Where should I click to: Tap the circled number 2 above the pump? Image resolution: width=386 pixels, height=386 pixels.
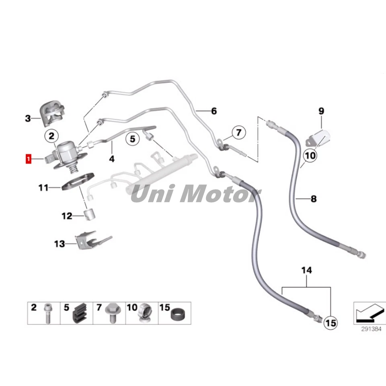pyautogui.click(x=51, y=137)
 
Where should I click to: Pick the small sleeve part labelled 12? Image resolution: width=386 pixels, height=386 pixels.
pyautogui.click(x=89, y=215)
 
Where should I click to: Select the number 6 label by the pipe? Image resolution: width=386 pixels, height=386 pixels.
pyautogui.click(x=214, y=111)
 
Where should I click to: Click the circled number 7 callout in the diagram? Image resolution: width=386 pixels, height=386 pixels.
pyautogui.click(x=238, y=132)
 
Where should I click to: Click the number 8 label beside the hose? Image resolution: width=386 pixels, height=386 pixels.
pyautogui.click(x=314, y=199)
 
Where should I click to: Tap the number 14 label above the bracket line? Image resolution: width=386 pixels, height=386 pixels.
pyautogui.click(x=306, y=271)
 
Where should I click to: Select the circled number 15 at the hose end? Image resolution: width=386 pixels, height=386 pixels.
pyautogui.click(x=330, y=322)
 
